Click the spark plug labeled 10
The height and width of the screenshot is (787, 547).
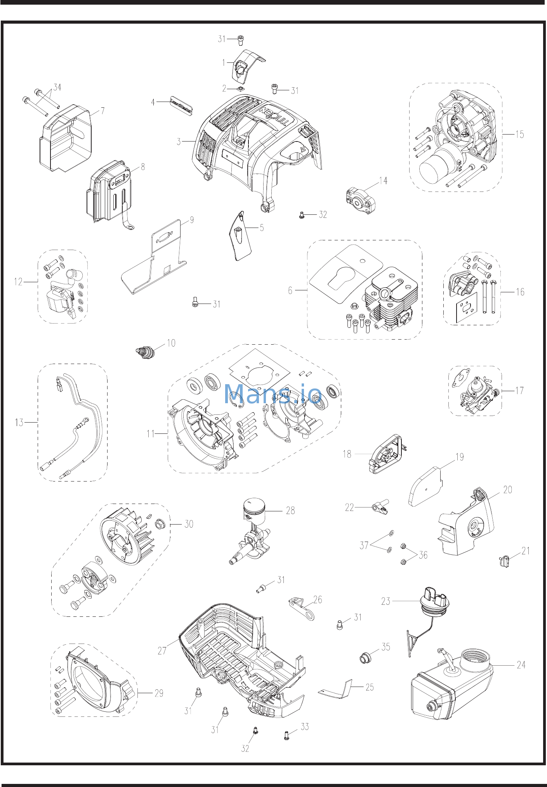(146, 352)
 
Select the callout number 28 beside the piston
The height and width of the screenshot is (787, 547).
(290, 511)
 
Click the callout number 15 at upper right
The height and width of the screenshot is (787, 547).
(519, 135)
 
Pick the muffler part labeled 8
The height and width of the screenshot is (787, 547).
(109, 192)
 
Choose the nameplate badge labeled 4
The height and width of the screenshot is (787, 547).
(181, 107)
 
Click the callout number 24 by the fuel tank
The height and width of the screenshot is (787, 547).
(521, 665)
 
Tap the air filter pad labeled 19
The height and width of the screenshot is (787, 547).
(425, 487)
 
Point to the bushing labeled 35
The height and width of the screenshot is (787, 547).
(365, 658)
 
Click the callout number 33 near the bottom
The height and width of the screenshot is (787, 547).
(305, 727)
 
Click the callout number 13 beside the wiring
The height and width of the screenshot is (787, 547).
(19, 422)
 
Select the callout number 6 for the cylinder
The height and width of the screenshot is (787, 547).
(290, 290)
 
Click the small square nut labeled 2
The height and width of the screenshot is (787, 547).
(241, 89)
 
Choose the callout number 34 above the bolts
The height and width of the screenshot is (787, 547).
(57, 87)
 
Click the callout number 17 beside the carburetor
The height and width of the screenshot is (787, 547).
(519, 390)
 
